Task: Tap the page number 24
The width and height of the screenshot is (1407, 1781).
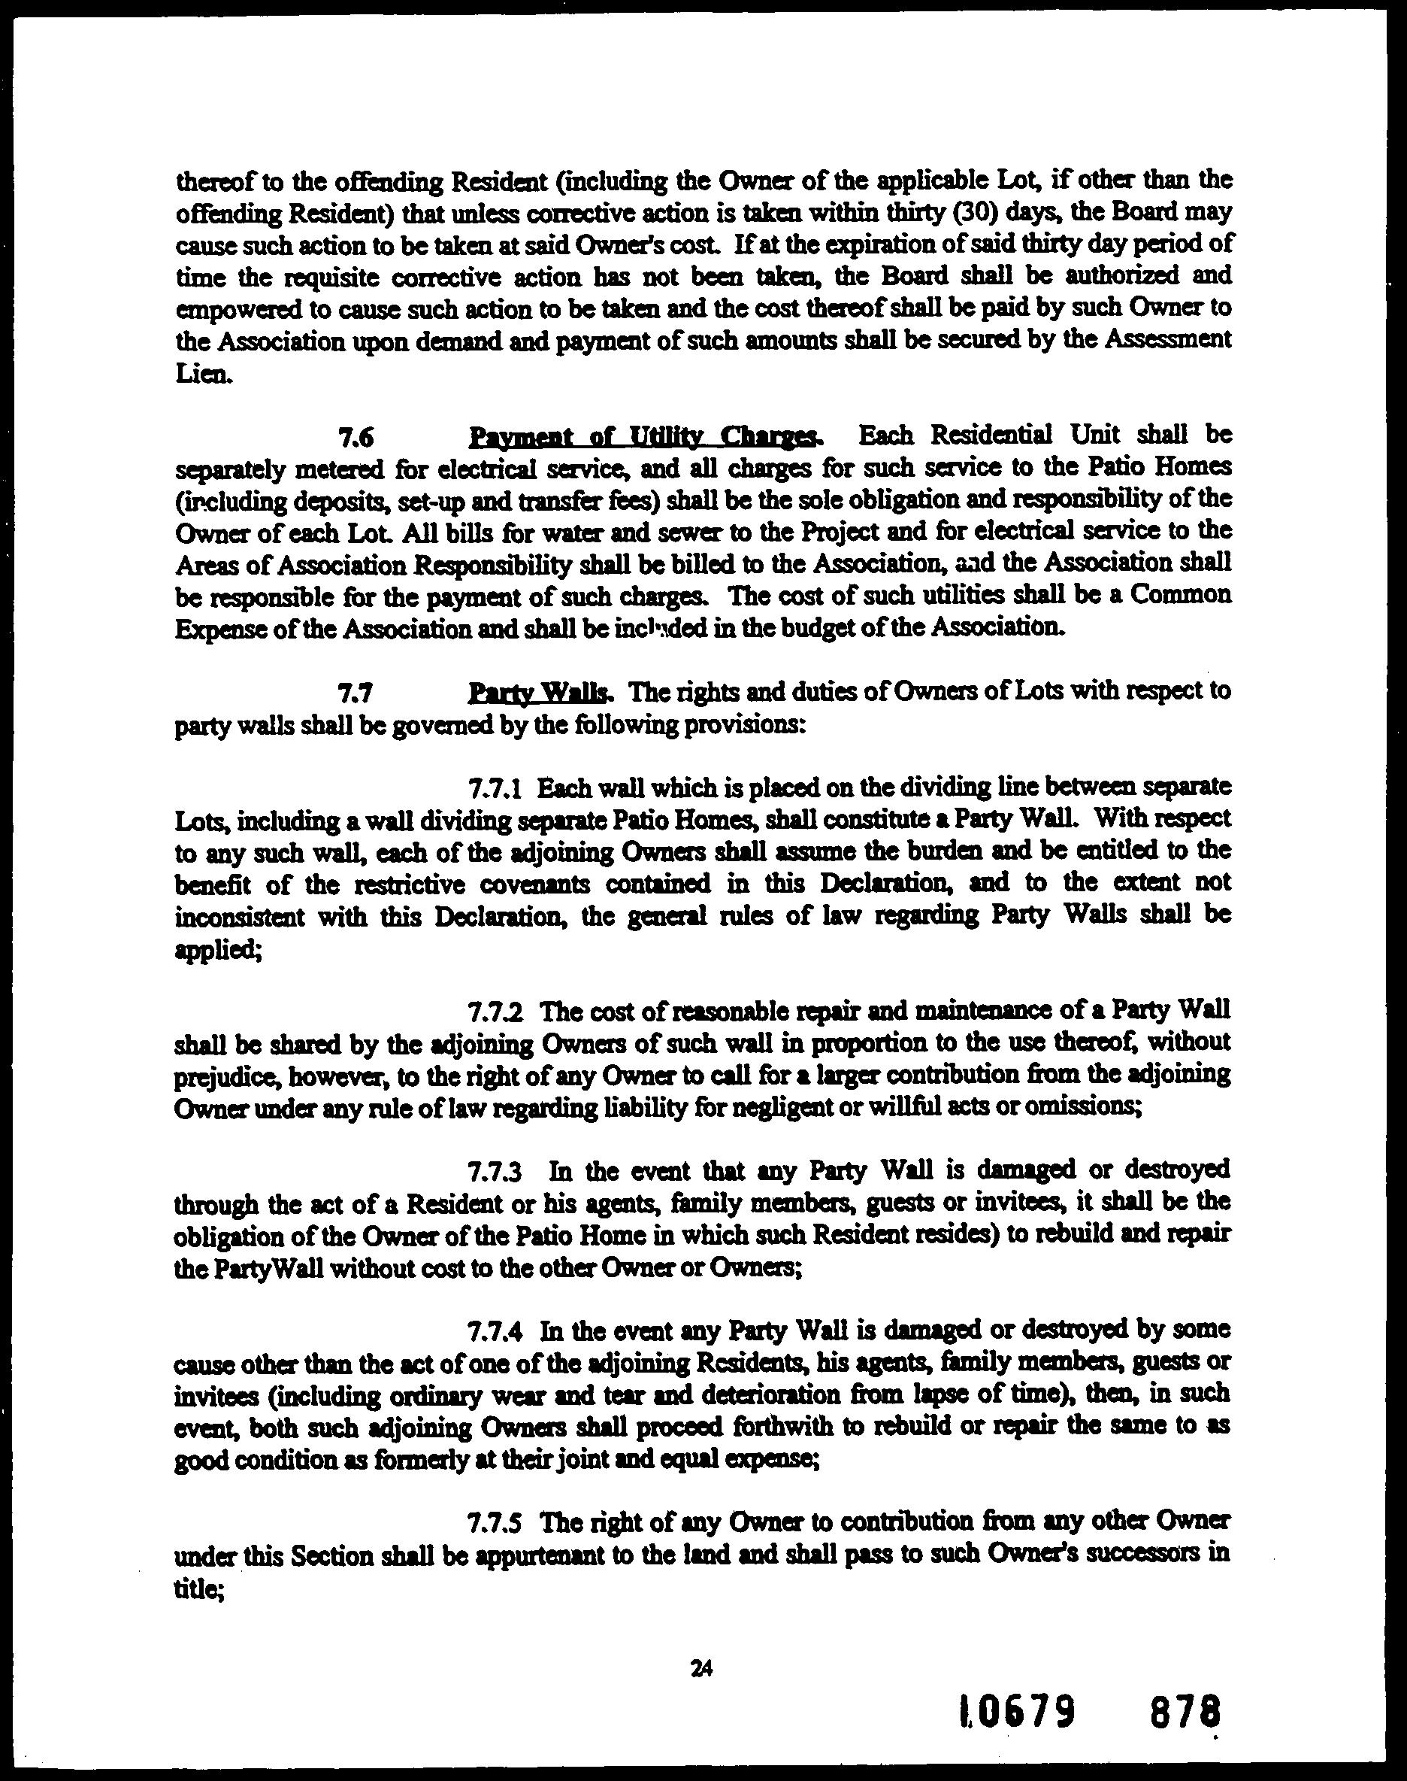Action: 702,1669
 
